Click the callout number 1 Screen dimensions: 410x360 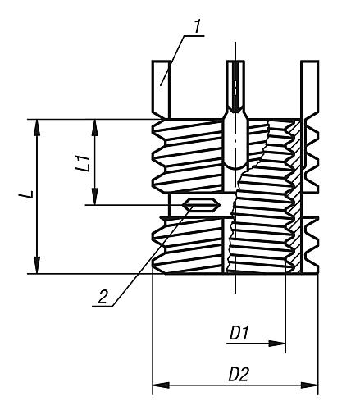[x=198, y=26]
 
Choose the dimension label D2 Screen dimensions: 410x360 [x=239, y=373]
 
